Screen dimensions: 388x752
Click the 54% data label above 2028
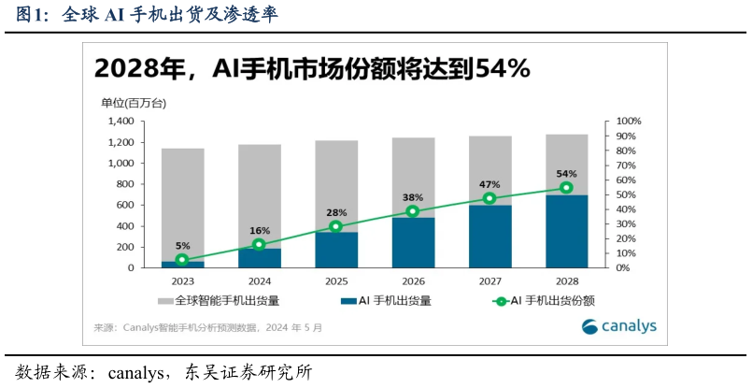point(566,174)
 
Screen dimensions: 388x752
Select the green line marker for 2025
point(336,226)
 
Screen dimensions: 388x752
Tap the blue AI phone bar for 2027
point(490,236)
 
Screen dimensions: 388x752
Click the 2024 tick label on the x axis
point(259,280)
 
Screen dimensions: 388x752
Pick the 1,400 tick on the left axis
point(120,122)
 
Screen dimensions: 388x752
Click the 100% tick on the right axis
point(630,122)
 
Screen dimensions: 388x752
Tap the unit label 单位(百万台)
point(134,102)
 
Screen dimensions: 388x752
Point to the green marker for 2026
point(413,211)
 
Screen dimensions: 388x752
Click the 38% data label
point(413,198)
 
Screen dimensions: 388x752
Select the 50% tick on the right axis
point(628,194)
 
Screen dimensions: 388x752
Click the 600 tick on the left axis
point(124,205)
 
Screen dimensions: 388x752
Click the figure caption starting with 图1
point(146,15)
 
